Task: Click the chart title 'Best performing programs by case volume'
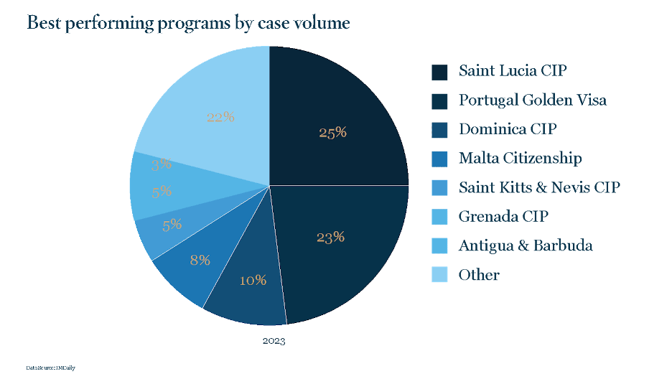[188, 23]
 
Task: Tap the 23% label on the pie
[331, 237]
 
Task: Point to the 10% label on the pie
[253, 280]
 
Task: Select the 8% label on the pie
[200, 260]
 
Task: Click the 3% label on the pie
[161, 164]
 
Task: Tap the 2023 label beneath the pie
[273, 341]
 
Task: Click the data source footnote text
[50, 368]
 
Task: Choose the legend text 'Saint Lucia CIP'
[508, 71]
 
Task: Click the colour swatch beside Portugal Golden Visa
[439, 101]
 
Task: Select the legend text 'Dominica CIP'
[508, 129]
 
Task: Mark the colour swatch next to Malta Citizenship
[439, 159]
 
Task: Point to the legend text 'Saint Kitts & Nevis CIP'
[539, 187]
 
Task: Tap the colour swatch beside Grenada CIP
[439, 217]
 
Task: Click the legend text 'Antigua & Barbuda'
[526, 245]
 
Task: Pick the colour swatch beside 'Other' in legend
[439, 275]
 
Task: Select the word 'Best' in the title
[42, 23]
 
